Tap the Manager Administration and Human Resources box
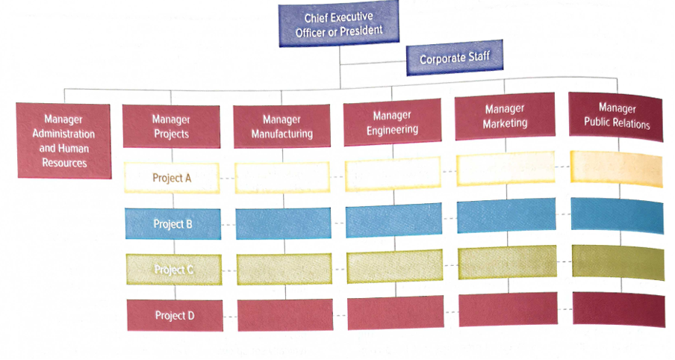(63, 140)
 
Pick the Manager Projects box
(171, 126)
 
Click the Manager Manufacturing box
(282, 127)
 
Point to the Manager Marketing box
(505, 117)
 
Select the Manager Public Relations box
(617, 116)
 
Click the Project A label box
(172, 178)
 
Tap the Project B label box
(172, 223)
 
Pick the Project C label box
(172, 269)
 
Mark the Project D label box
(175, 314)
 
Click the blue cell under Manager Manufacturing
(283, 223)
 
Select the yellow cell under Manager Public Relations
(617, 168)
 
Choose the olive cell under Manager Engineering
(394, 267)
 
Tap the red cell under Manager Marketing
(508, 309)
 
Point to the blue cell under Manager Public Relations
(618, 216)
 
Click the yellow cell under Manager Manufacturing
(282, 178)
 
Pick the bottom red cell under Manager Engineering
(395, 312)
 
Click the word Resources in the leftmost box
(63, 163)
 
